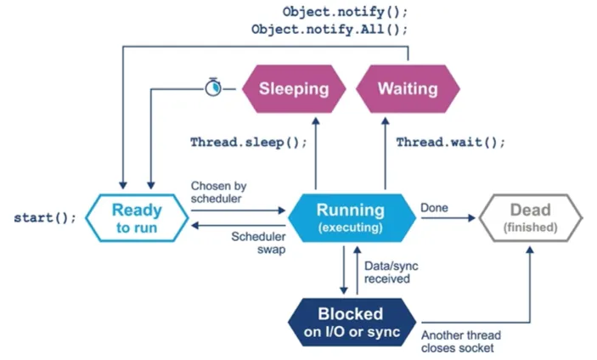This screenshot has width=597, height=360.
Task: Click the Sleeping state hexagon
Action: [x=294, y=88]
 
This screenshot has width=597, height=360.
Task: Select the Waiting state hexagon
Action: [x=408, y=88]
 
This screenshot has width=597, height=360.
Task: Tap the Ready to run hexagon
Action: [x=137, y=218]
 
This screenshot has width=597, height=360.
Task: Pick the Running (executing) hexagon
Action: [x=351, y=218]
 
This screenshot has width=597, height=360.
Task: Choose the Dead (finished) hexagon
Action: [x=531, y=218]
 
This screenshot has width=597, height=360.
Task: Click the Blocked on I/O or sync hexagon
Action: [x=351, y=323]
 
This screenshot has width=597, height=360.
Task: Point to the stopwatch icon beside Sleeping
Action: [x=213, y=87]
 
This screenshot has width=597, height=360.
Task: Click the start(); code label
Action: [x=45, y=217]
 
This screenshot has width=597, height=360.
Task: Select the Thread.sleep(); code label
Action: [x=249, y=143]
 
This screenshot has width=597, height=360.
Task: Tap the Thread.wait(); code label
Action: [x=451, y=143]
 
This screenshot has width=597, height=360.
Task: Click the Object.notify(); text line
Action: [x=345, y=12]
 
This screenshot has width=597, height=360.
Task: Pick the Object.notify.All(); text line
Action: [x=329, y=30]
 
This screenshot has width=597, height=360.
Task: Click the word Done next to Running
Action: [x=434, y=208]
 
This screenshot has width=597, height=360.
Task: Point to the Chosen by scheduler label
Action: [x=218, y=192]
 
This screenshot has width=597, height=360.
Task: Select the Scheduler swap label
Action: [x=258, y=243]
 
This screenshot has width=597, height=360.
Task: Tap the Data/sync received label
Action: [x=391, y=273]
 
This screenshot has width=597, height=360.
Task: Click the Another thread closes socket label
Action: [x=461, y=341]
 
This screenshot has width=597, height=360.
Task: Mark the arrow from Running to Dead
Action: [x=448, y=218]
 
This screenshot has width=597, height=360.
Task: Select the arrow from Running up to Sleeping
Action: [x=316, y=154]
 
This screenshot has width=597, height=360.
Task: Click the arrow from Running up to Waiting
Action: [x=386, y=154]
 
